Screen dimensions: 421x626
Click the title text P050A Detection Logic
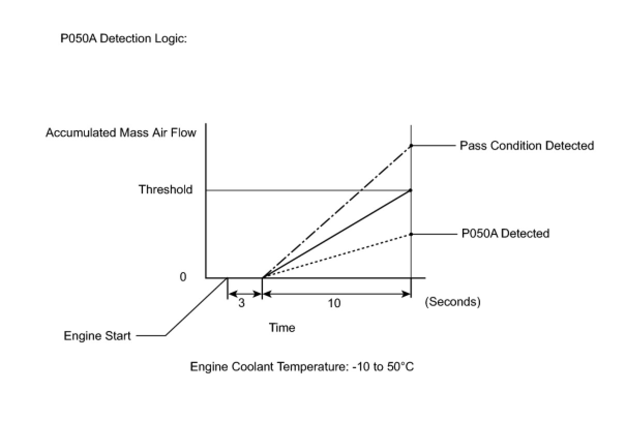124,39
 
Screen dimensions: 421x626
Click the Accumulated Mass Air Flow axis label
121,133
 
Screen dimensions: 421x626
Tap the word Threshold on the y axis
166,190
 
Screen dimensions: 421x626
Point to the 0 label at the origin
183,277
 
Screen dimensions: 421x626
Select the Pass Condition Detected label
527,146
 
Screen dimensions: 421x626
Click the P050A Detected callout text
505,234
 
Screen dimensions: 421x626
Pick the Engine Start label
97,336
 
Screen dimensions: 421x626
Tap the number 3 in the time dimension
242,303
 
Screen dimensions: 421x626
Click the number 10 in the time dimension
334,303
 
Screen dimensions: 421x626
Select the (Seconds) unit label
453,302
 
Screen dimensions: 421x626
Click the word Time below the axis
282,328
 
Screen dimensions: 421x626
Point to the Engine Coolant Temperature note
302,367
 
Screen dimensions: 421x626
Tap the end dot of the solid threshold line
411,190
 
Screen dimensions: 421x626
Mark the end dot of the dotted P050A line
411,234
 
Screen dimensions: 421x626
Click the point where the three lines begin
263,278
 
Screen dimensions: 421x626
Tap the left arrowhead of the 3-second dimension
231,294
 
